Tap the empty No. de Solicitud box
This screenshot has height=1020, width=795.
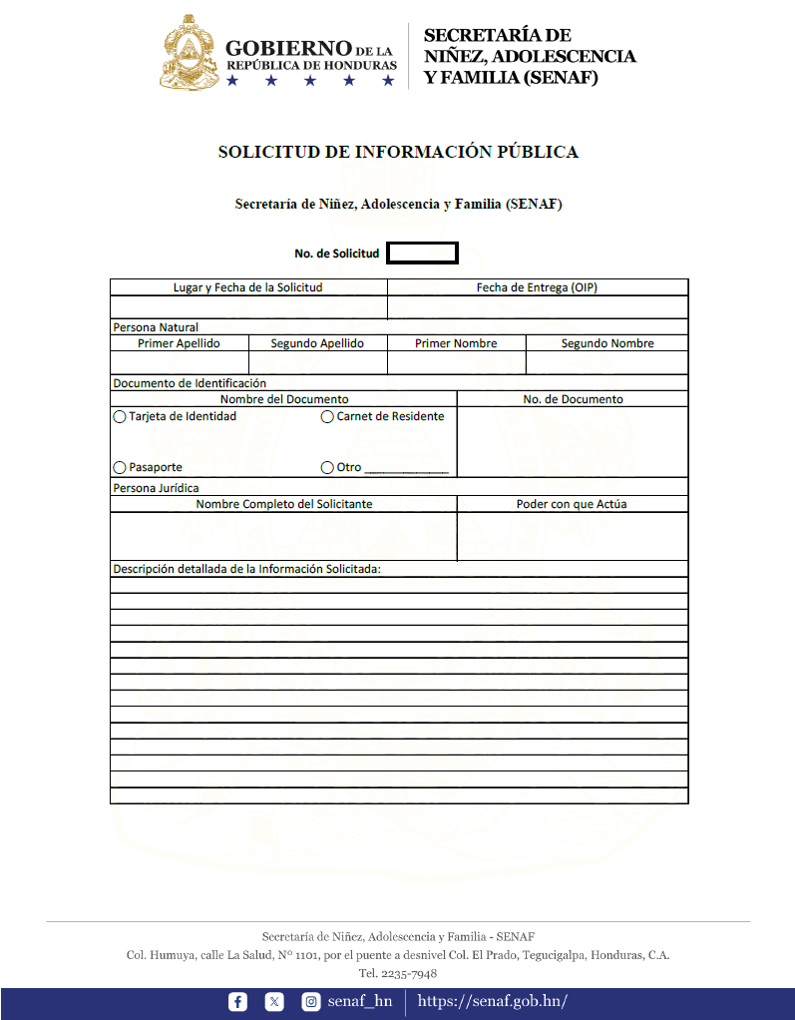(x=422, y=254)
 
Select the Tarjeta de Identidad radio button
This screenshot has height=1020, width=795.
(x=120, y=417)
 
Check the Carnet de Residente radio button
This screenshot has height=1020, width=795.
(x=327, y=417)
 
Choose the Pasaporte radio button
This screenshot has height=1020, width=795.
(x=120, y=467)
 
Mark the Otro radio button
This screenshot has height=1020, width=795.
(x=327, y=467)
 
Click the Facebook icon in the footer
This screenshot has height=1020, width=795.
(x=237, y=1002)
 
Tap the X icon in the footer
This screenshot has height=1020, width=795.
(x=274, y=1002)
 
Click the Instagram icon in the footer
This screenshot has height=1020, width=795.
(x=311, y=1002)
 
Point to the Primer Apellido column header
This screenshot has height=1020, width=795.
(x=179, y=343)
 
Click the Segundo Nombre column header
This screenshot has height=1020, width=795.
(x=607, y=343)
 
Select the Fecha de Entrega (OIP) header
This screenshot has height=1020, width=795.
(x=537, y=287)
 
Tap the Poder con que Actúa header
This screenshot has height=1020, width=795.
(x=572, y=504)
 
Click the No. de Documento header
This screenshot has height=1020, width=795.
(x=573, y=399)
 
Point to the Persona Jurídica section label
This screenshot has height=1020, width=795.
(x=156, y=488)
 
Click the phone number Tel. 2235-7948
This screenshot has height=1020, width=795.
(x=398, y=973)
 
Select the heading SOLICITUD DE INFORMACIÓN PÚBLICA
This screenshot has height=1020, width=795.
(x=398, y=153)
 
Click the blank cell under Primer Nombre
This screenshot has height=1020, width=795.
(x=456, y=362)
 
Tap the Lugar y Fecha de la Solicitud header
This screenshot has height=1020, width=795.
(x=248, y=287)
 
